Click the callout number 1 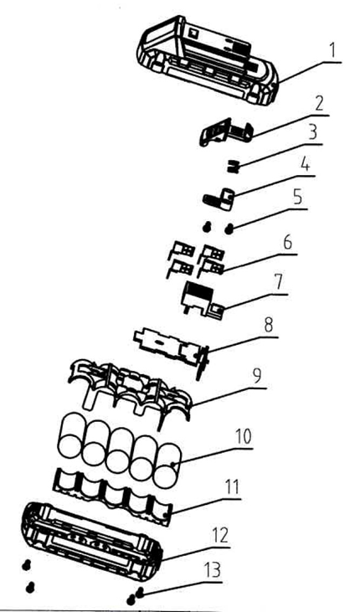[332, 51]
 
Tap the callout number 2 [319, 104]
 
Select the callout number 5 [297, 198]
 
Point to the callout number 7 [278, 282]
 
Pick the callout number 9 [256, 376]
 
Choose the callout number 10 [243, 436]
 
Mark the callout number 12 [220, 536]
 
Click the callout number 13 [213, 570]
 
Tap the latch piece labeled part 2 [226, 132]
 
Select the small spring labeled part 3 [233, 167]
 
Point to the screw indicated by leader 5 [229, 229]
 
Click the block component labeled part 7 [201, 300]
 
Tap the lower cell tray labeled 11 [114, 496]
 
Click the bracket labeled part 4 [219, 198]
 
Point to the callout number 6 [287, 243]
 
